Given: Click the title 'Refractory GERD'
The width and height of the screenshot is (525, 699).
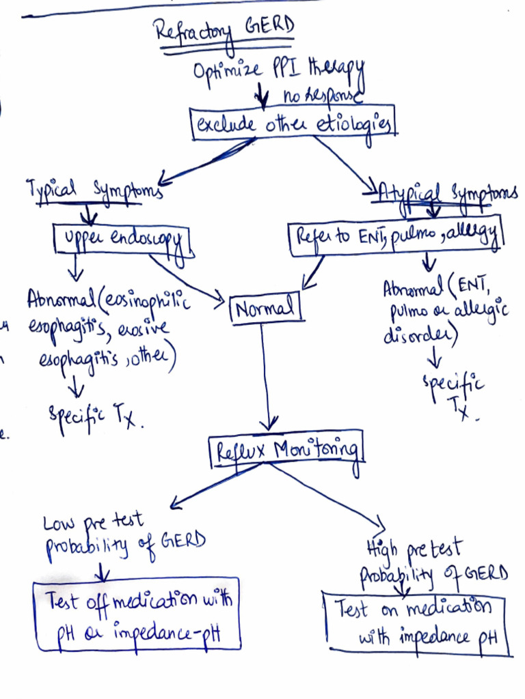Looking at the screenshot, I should (224, 31).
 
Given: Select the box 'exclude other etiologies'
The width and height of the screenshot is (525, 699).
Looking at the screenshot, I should (293, 124).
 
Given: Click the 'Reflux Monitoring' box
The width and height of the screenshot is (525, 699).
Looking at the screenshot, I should (286, 451).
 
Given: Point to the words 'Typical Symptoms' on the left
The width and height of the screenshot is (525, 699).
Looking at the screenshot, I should (94, 190).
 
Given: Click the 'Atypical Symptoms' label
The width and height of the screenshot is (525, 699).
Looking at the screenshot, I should (448, 194).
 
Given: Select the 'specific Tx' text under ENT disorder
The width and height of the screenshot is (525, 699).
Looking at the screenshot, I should (454, 395).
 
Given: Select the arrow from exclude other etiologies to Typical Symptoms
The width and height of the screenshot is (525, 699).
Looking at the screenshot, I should (208, 161).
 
